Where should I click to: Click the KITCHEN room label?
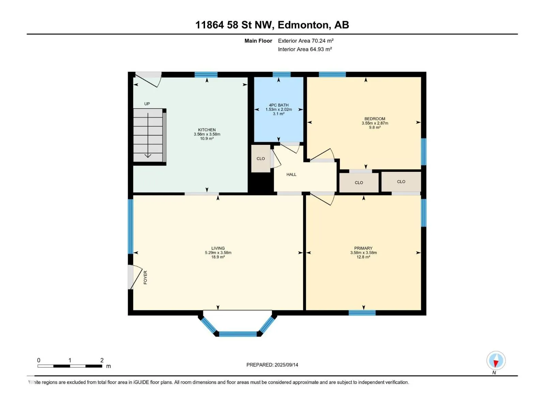pos(206,130)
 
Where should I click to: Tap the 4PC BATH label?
pos(278,105)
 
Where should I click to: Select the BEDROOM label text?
pos(374,119)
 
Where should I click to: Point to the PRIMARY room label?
pos(363,248)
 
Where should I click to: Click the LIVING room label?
pos(218,248)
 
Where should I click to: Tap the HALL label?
pos(291,174)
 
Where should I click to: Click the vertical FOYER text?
pos(145,277)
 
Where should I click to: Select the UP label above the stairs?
pos(147,104)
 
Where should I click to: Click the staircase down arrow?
pos(148,135)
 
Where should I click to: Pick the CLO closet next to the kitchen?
pos(261,158)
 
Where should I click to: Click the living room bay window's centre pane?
pos(238,334)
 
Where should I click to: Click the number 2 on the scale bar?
pos(102,360)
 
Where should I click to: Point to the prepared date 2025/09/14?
pos(286,365)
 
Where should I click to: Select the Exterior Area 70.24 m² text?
pos(306,41)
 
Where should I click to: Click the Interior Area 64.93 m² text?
pos(305,49)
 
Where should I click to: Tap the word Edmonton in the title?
pos(304,25)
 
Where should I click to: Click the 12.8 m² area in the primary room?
pos(363,257)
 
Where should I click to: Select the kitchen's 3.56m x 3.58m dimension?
pos(207,134)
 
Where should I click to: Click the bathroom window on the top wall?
pos(281,74)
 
